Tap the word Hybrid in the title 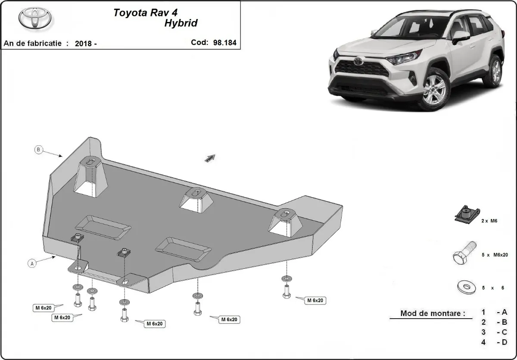(x=181, y=23)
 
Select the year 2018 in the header (x=84, y=43)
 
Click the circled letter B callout (x=38, y=150)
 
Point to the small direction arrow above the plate (x=210, y=158)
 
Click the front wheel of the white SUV (x=434, y=90)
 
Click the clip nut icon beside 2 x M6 (x=465, y=214)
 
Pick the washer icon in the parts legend (x=465, y=286)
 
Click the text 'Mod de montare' (x=433, y=313)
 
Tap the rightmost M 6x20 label (x=315, y=300)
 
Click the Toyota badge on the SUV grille (x=358, y=61)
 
